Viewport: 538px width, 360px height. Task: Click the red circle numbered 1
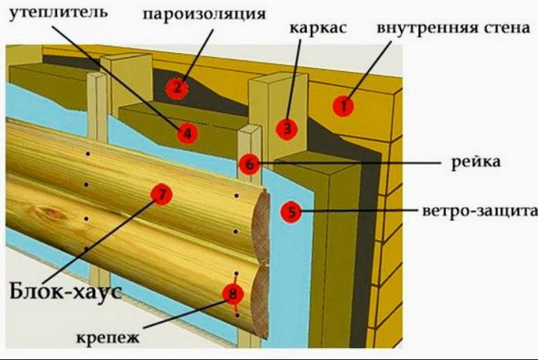pyautogui.click(x=344, y=106)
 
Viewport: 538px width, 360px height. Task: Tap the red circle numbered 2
pyautogui.click(x=177, y=88)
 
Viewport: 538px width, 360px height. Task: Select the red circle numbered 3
pyautogui.click(x=286, y=128)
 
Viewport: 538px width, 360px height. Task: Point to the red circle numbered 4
pyautogui.click(x=187, y=133)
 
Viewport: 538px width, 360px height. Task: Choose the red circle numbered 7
pyautogui.click(x=161, y=194)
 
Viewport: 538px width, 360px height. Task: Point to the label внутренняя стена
pyautogui.click(x=453, y=27)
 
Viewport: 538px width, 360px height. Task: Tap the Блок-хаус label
pyautogui.click(x=65, y=289)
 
